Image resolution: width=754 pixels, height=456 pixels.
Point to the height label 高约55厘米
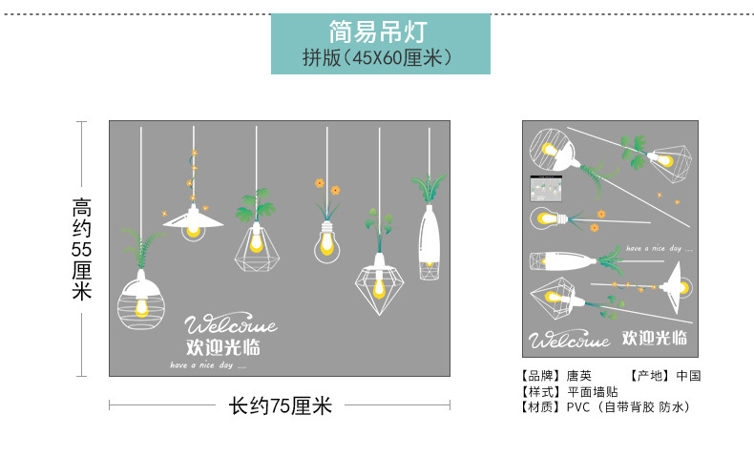coord(82,249)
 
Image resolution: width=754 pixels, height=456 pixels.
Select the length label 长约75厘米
coord(280,405)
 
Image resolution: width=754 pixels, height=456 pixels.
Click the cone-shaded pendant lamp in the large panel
coord(193,220)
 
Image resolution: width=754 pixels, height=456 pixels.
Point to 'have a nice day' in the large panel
coord(207,365)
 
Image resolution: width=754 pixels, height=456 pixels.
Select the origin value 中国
coord(688,376)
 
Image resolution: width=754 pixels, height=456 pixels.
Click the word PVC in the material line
coord(579,406)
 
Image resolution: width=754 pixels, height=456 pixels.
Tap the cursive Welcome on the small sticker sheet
coord(570,341)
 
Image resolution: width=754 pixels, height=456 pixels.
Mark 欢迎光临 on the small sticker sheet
coord(654,338)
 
